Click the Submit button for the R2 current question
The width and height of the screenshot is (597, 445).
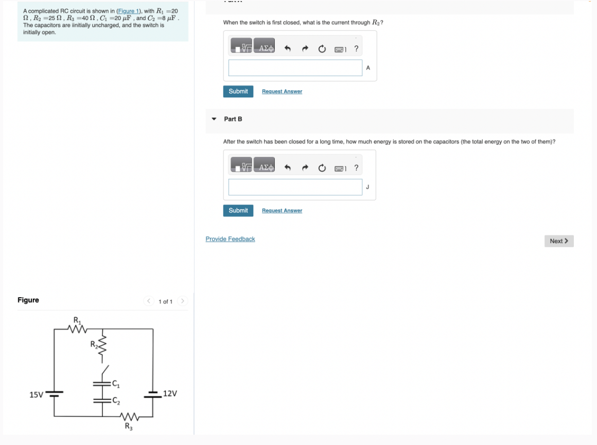[x=238, y=91]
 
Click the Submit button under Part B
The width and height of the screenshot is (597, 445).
[x=238, y=210]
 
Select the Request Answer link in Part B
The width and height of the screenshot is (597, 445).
[x=282, y=211]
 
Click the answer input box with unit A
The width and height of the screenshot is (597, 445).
[x=295, y=67]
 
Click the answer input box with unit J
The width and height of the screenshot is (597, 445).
[x=295, y=187]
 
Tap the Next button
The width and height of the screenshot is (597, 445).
[x=558, y=241]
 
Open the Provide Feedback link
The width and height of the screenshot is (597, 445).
[x=230, y=239]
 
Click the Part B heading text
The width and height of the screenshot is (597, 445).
[x=233, y=119]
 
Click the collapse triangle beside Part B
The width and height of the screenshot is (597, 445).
[x=214, y=119]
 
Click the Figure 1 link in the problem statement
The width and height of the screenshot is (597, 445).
[x=129, y=11]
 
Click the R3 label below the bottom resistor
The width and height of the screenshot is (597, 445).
[x=128, y=426]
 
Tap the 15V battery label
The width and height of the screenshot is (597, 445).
[x=36, y=395]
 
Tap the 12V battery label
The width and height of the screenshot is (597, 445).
[x=170, y=393]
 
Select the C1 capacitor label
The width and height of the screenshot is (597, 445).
[x=116, y=383]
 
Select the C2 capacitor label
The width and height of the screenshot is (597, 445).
[x=116, y=400]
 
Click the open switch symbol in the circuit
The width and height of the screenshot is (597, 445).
[x=104, y=370]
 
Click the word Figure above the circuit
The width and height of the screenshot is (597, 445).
[x=28, y=300]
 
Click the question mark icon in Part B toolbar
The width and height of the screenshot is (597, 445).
[x=356, y=168]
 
